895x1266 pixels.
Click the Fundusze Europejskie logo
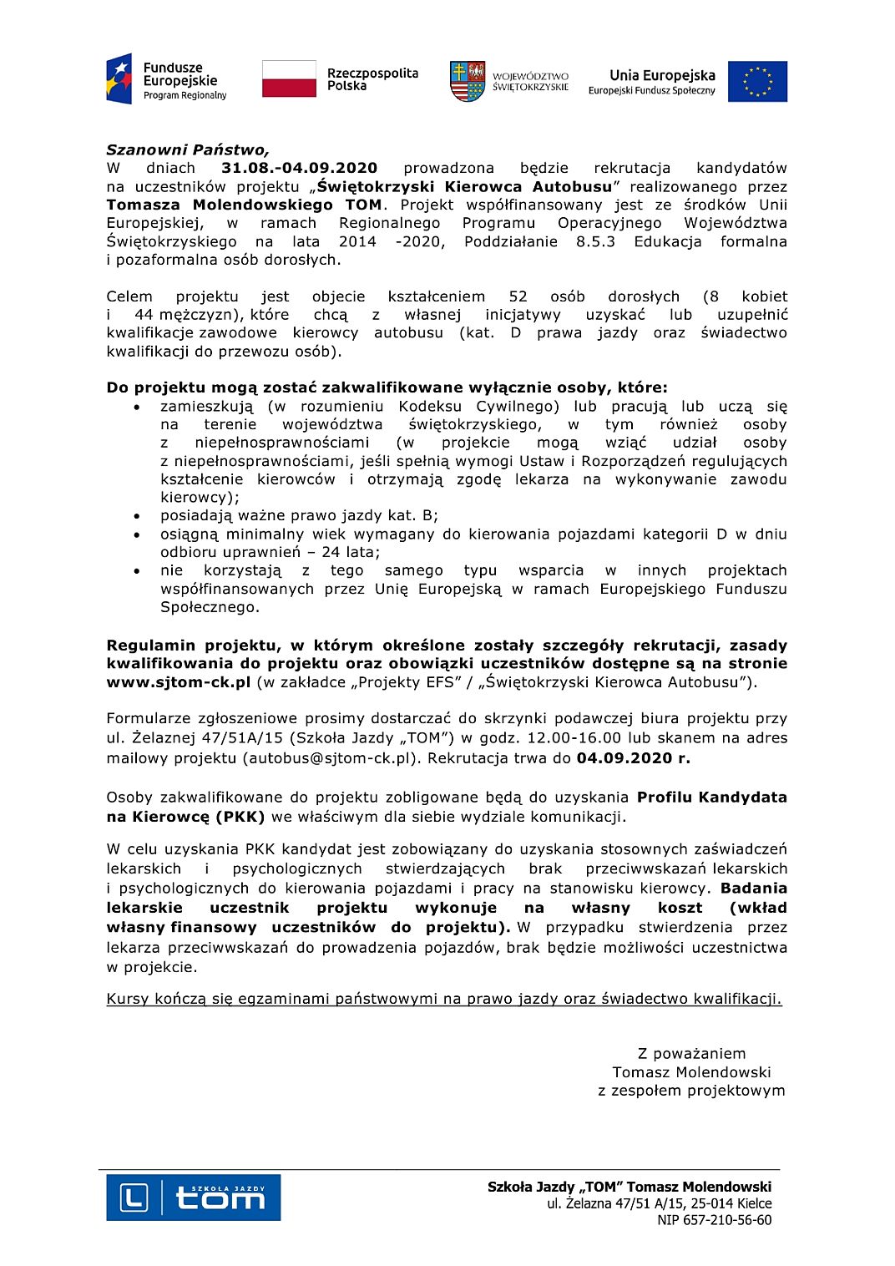[x=166, y=80]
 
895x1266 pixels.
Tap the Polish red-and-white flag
[x=289, y=79]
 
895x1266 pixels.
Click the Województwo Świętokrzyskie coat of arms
[x=468, y=81]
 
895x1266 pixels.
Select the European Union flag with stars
[x=757, y=81]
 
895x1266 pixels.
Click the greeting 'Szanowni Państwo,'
[x=187, y=150]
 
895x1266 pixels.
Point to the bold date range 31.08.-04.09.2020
[x=299, y=169]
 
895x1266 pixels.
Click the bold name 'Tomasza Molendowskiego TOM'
[x=244, y=205]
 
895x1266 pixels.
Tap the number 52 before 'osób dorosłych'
[x=518, y=296]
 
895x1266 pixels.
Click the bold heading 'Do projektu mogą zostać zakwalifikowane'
[x=387, y=387]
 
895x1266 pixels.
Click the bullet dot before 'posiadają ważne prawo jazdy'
[x=137, y=516]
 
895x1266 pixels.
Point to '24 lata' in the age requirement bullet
[x=351, y=552]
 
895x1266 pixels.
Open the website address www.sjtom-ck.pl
[x=178, y=682]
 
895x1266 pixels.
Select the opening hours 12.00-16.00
[x=571, y=738]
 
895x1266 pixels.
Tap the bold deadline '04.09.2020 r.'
[x=633, y=758]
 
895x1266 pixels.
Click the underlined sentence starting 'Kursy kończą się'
[x=443, y=999]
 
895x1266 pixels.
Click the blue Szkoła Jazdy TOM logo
[x=193, y=1198]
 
